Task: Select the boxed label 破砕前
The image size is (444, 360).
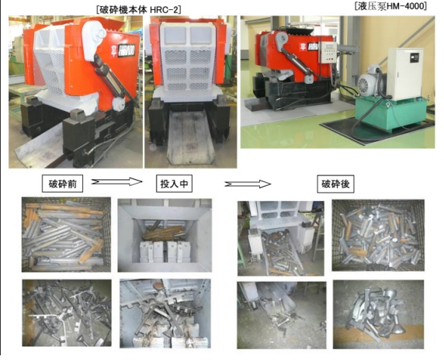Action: (63, 184)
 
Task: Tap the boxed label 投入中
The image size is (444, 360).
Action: (174, 184)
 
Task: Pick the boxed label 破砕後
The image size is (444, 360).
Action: (335, 184)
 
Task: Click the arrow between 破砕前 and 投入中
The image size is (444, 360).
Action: (116, 182)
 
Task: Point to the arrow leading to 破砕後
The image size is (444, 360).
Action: (248, 184)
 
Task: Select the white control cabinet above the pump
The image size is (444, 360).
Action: (405, 74)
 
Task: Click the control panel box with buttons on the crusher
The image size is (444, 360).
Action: (327, 52)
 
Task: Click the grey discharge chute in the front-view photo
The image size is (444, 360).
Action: (190, 137)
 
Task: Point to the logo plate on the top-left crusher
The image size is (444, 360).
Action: (126, 50)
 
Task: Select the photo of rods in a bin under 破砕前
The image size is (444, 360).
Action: (66, 234)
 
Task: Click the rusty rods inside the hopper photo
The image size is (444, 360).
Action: (164, 233)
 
